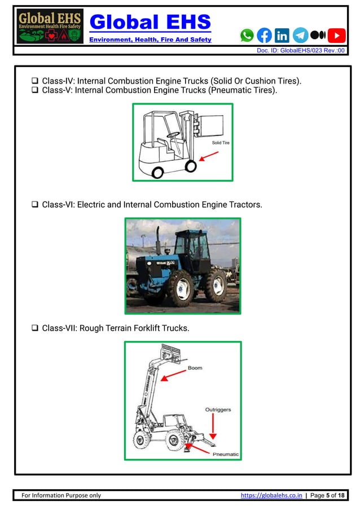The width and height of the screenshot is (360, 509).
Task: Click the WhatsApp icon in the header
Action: pyautogui.click(x=247, y=35)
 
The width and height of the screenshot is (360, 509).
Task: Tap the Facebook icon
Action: pyautogui.click(x=264, y=35)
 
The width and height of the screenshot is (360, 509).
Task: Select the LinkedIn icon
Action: pyautogui.click(x=282, y=35)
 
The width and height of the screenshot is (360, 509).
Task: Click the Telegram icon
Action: pyautogui.click(x=300, y=35)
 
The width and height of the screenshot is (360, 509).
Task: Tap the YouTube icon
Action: pyautogui.click(x=337, y=35)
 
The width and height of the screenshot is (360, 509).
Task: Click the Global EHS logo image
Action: pyautogui.click(x=50, y=27)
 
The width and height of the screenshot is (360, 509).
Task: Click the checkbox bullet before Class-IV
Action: pyautogui.click(x=35, y=81)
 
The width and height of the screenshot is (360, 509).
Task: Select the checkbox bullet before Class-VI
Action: pyautogui.click(x=35, y=205)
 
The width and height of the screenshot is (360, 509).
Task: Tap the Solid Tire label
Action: pyautogui.click(x=221, y=143)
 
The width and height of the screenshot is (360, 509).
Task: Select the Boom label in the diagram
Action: pyautogui.click(x=195, y=368)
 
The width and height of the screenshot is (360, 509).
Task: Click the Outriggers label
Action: pyautogui.click(x=218, y=410)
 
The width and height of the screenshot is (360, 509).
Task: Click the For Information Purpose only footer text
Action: pyautogui.click(x=61, y=495)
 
